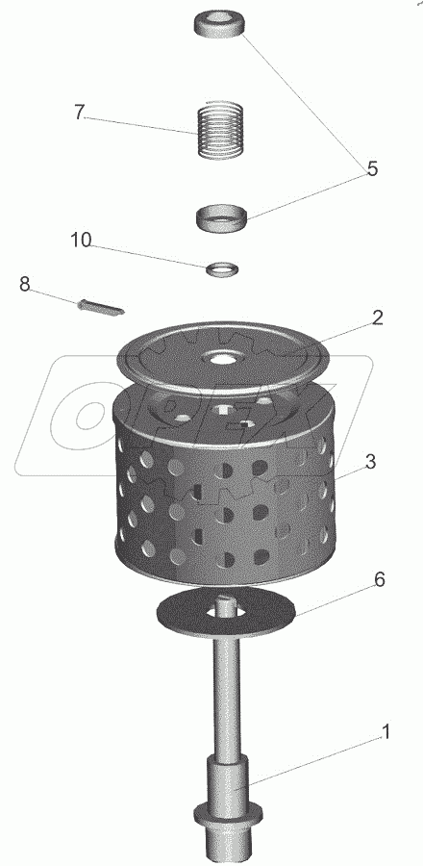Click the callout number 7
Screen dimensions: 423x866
[80, 114]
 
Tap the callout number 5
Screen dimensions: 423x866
[373, 169]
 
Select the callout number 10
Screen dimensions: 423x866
[81, 241]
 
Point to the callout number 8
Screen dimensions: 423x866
[25, 285]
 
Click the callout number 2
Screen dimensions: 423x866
[377, 318]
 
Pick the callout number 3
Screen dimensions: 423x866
[371, 461]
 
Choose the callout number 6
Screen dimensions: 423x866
[380, 580]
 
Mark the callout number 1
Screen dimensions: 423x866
[386, 732]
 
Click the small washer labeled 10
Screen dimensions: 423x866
[223, 269]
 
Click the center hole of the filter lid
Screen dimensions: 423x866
[223, 359]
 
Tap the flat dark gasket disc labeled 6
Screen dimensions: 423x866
[226, 613]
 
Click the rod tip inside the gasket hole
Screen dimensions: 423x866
[226, 605]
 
